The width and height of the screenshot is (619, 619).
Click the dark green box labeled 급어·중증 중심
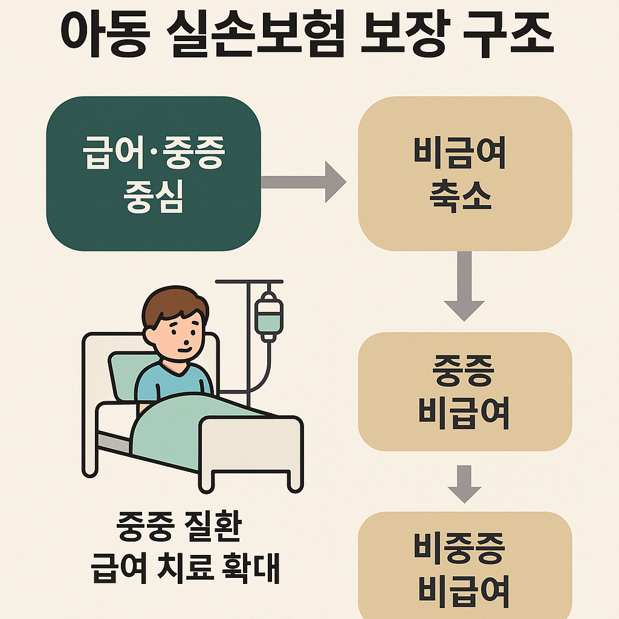pyautogui.click(x=154, y=173)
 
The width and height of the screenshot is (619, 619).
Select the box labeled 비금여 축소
pyautogui.click(x=465, y=173)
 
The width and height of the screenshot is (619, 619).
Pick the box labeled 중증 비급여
pyautogui.click(x=465, y=391)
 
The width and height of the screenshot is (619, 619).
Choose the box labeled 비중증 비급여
pyautogui.click(x=465, y=565)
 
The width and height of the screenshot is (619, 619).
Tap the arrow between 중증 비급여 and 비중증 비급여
pyautogui.click(x=464, y=484)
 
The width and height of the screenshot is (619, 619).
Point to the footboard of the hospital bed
pyautogui.click(x=251, y=447)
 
